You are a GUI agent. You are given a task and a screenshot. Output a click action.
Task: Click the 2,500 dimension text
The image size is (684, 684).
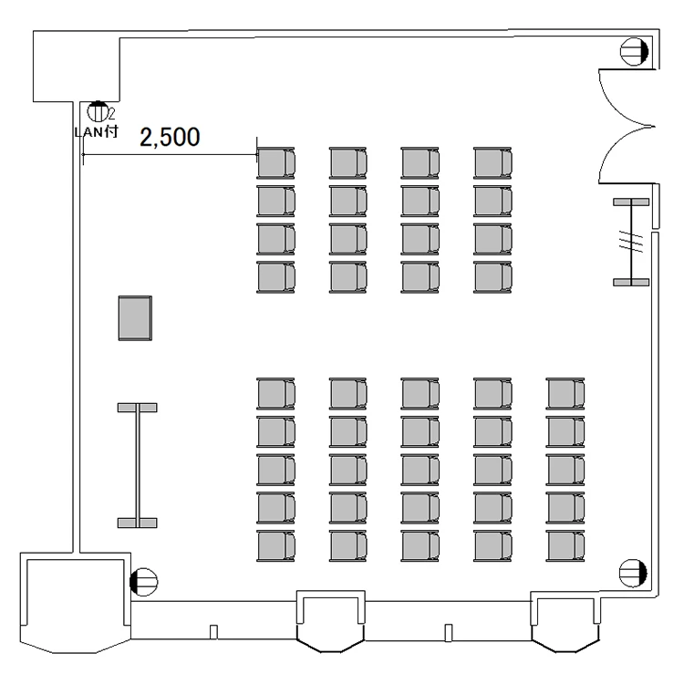[170, 137]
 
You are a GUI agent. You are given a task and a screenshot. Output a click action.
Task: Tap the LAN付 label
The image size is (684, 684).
[96, 131]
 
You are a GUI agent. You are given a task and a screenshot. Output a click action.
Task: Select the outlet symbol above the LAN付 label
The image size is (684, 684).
[97, 112]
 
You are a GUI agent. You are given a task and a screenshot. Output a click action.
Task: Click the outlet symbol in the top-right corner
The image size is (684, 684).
[633, 52]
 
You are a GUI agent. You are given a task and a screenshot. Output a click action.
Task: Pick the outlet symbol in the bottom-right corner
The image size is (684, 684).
[633, 573]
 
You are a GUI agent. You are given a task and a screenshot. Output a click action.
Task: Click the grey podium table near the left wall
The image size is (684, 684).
[134, 318]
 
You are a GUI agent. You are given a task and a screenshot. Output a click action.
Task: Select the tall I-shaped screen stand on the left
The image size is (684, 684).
[138, 465]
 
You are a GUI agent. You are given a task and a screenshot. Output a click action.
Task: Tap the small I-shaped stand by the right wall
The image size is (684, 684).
[631, 242]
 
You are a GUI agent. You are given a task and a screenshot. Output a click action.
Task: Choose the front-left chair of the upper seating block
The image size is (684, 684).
[276, 162]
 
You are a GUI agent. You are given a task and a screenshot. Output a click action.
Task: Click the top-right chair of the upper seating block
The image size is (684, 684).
[492, 162]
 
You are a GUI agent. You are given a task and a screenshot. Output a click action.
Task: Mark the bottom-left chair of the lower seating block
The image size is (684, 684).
[276, 544]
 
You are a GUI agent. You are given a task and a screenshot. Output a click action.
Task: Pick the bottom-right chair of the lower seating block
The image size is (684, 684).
[565, 544]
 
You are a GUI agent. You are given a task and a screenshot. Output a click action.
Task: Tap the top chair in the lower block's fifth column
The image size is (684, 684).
[565, 393]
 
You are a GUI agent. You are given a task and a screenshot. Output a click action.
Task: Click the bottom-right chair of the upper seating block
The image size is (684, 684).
[492, 277]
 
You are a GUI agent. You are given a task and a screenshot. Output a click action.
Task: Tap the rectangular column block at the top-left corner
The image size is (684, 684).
[74, 67]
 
